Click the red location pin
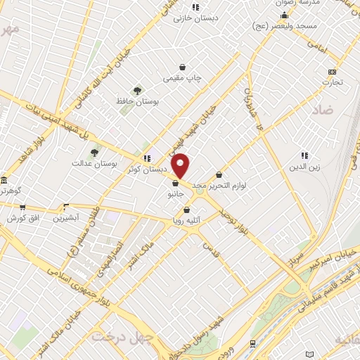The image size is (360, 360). tap(181, 166)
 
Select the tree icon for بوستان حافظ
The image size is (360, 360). tap(137, 91)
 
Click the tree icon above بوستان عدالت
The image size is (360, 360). tap(94, 153)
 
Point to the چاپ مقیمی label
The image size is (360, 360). tap(182, 77)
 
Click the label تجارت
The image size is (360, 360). tap(332, 82)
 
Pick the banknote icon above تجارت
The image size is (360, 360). tap(332, 72)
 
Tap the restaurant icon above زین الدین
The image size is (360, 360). tap(304, 155)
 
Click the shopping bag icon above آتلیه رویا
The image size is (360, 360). tap(186, 210)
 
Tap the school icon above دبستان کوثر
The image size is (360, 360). tap(146, 158)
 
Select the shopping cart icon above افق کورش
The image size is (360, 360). tap(23, 207)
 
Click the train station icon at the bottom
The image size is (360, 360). tap(252, 343)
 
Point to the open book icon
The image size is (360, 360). tap(310, 354)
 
